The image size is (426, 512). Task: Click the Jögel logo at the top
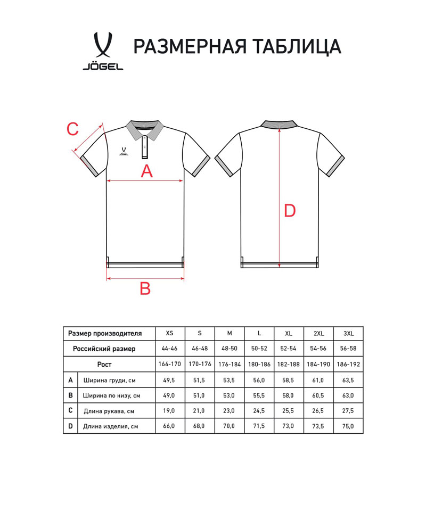(103, 52)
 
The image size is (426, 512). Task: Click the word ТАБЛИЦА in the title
(297, 47)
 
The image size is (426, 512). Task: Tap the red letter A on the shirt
(146, 171)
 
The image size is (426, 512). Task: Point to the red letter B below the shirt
(145, 288)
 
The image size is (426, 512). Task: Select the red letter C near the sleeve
(72, 129)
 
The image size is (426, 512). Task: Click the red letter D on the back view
(289, 211)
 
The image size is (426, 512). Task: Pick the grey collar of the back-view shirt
(279, 125)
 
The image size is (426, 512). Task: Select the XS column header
(169, 334)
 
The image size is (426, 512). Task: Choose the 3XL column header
(349, 334)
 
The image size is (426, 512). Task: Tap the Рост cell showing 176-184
(230, 365)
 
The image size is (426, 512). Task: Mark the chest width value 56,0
(259, 380)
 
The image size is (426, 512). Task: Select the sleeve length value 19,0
(169, 411)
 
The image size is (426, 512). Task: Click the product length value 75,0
(349, 426)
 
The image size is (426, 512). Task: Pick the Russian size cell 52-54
(289, 349)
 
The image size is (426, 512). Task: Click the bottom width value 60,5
(319, 395)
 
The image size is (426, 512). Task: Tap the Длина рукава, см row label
(109, 411)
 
